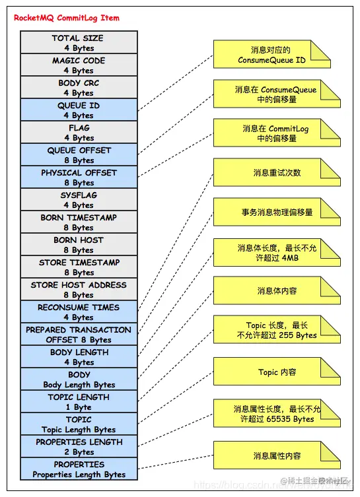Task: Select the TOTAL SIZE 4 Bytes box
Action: click(x=79, y=43)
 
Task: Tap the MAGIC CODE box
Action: click(x=79, y=65)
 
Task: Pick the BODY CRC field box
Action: click(x=79, y=88)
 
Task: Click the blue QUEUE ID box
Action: click(x=79, y=110)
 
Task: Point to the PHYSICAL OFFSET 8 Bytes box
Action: click(x=79, y=178)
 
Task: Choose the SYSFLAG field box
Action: click(x=79, y=200)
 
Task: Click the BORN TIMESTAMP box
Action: click(x=79, y=222)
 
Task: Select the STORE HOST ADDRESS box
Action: click(x=79, y=290)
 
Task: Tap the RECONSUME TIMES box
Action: click(x=79, y=312)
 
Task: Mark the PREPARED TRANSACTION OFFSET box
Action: click(x=79, y=335)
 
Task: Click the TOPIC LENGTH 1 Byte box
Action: click(x=79, y=402)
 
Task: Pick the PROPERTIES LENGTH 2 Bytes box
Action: click(x=79, y=447)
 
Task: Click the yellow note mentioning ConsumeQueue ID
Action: click(x=276, y=55)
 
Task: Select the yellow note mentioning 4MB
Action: click(x=276, y=253)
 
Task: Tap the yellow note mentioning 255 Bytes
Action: click(x=276, y=330)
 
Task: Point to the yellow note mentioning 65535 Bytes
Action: click(x=276, y=414)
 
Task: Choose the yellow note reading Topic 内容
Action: click(x=276, y=372)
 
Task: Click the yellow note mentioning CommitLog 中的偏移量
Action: click(x=276, y=133)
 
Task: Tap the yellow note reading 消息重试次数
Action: click(x=276, y=173)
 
